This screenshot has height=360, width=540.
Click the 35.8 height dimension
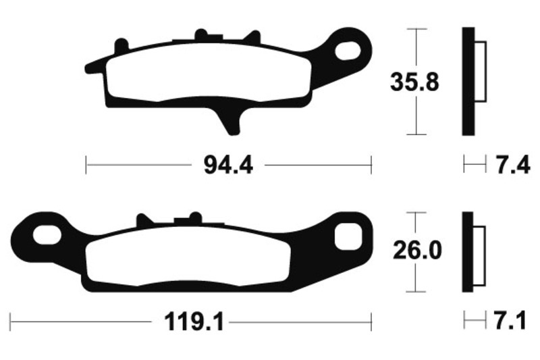[x=414, y=82]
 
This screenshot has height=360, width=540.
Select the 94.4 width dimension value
[x=228, y=164]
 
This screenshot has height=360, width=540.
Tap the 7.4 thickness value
[x=514, y=164]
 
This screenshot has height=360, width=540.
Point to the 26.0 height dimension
[x=417, y=251]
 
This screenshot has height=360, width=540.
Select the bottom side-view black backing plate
[x=466, y=252]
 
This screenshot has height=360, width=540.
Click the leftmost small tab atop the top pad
[x=122, y=45]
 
